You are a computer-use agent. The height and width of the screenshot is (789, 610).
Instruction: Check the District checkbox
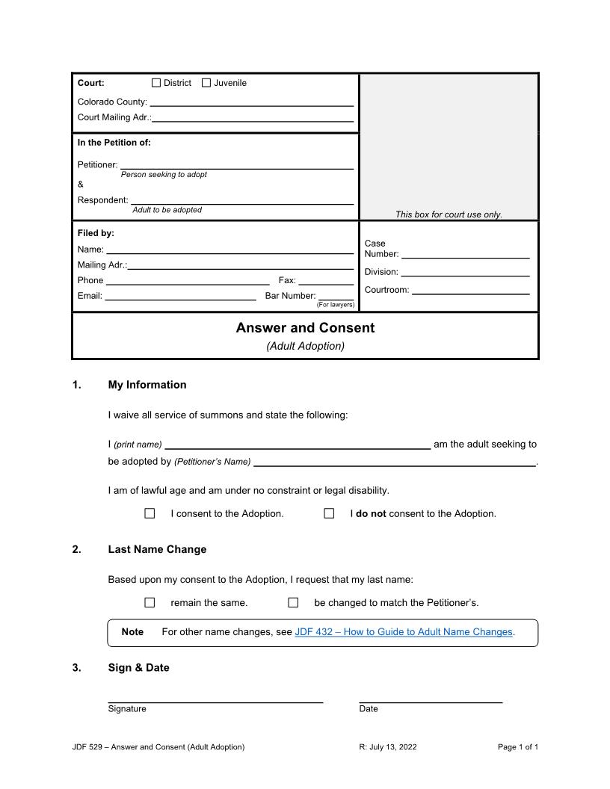point(156,83)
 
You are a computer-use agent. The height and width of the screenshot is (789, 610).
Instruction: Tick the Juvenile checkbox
point(206,83)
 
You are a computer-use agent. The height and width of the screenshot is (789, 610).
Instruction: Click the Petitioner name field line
point(236,166)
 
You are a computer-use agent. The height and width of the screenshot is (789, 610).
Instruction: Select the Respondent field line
point(241,201)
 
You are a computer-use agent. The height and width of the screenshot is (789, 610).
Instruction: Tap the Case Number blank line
point(465,255)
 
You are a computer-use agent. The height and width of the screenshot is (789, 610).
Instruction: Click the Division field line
point(465,273)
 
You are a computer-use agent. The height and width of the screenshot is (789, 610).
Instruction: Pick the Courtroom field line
point(470,291)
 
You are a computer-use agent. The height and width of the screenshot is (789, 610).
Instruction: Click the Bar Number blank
point(336,297)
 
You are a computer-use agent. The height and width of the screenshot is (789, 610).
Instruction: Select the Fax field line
point(326,282)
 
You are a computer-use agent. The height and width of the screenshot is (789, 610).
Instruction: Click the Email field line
point(180,297)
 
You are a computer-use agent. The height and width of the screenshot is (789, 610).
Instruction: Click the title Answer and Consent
point(305,328)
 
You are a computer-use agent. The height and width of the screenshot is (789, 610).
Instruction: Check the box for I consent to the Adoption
point(150,513)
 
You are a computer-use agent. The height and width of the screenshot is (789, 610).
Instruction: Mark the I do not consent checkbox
point(329,513)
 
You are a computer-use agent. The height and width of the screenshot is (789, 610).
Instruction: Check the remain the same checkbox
point(150,602)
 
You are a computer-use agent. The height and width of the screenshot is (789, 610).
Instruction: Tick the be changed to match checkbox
point(293,602)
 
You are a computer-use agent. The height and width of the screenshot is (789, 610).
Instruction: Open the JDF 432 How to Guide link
point(404,632)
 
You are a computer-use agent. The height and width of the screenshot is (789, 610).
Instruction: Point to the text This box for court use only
point(449,214)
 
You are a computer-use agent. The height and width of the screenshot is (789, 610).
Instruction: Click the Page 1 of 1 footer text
point(517,747)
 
